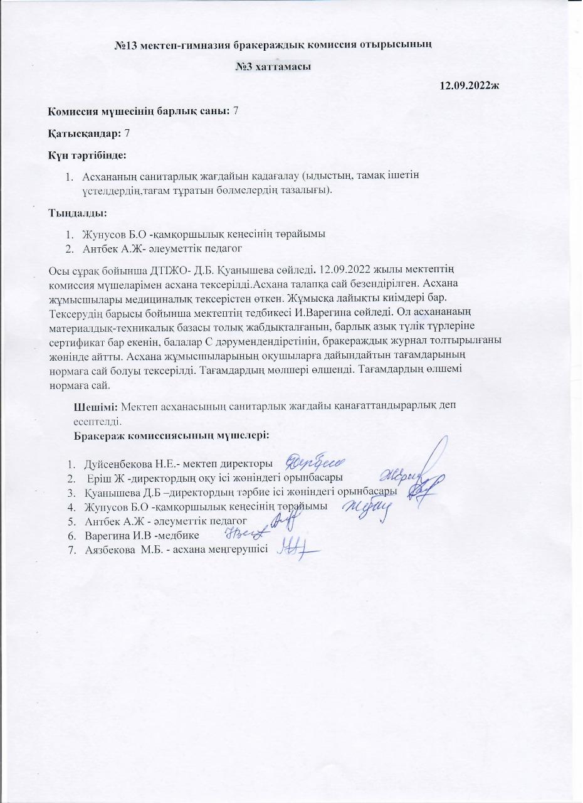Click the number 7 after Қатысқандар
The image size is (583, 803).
pyautogui.click(x=128, y=133)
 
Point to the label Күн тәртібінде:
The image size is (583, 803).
pyautogui.click(x=88, y=154)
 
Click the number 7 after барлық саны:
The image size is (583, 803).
pyautogui.click(x=235, y=111)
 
